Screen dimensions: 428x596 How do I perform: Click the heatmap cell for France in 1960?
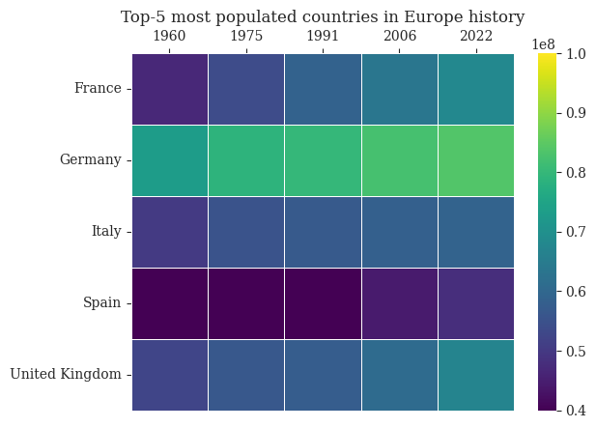[x=170, y=89]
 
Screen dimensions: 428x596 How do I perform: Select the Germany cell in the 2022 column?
[x=475, y=160]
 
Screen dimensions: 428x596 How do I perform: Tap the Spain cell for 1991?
[x=323, y=303]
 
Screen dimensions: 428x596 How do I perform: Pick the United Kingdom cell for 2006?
[x=399, y=375]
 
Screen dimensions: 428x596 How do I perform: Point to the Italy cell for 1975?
[x=246, y=232]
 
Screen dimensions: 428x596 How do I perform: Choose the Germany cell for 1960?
[x=170, y=160]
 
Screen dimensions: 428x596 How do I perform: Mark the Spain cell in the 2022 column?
[x=475, y=303]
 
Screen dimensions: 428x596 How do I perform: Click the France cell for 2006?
[x=399, y=89]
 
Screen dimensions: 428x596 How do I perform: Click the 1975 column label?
[x=246, y=36]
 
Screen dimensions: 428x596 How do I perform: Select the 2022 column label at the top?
[x=475, y=36]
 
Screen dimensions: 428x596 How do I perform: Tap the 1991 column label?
[x=323, y=36]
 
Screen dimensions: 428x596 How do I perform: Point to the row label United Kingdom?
[x=66, y=375]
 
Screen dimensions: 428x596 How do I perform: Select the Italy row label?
[x=105, y=232]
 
